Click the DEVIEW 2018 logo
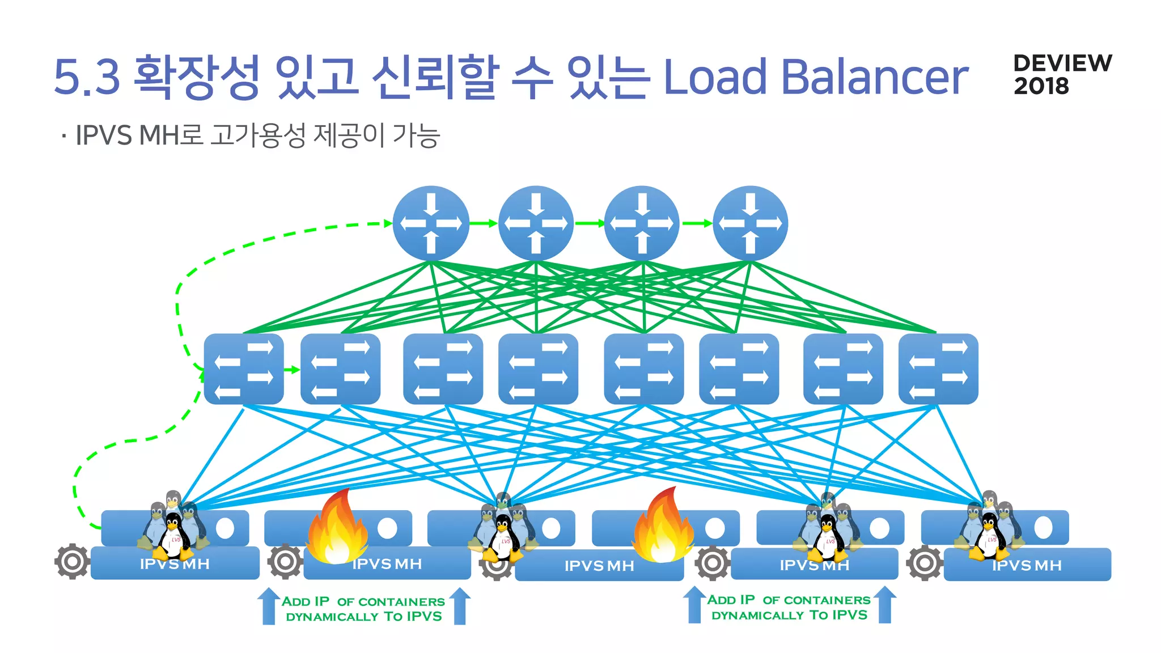coord(1062,74)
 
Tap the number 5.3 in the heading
coord(87,77)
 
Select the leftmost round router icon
coord(431,223)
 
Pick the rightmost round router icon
coord(750,223)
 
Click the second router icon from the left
coord(536,223)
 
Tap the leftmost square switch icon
coord(244,368)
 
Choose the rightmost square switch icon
coord(938,368)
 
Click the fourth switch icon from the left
coord(538,368)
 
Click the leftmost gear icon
coord(72,561)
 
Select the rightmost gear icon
coord(924,562)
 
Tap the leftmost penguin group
coord(173,527)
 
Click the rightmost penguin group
coord(989,527)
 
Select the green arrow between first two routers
coord(484,223)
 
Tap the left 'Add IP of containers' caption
coord(363,609)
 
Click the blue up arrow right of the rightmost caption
coord(884,605)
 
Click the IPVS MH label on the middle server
coord(599,566)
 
